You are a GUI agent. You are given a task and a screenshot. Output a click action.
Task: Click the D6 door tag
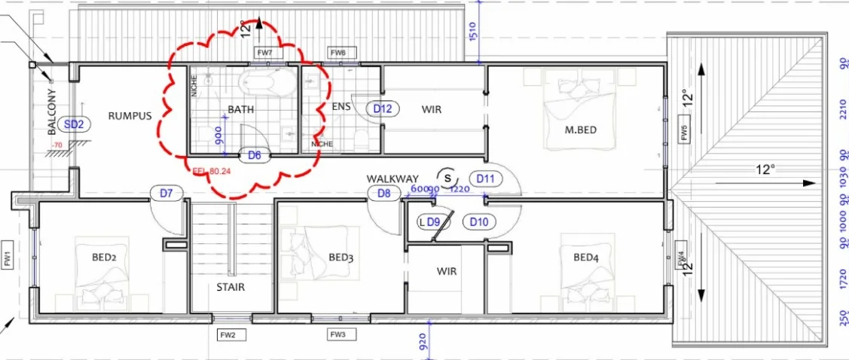255,156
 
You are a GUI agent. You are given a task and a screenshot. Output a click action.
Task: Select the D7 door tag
166,193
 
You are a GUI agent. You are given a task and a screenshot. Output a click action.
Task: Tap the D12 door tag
383,108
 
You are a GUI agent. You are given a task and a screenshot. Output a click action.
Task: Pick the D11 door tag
486,178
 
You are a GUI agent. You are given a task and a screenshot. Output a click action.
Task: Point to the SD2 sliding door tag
73,124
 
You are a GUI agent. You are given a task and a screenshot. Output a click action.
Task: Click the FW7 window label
264,53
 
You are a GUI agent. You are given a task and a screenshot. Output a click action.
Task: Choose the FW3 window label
337,334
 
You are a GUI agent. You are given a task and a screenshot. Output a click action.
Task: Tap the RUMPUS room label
130,116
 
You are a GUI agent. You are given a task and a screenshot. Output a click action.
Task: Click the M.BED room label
581,130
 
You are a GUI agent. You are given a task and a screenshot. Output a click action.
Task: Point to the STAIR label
231,287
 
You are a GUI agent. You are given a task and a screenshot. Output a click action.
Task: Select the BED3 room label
341,258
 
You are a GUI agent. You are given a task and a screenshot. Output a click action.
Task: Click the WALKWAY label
392,178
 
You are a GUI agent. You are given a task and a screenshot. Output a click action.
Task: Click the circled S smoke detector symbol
447,176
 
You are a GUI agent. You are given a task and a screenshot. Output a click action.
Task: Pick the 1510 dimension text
472,32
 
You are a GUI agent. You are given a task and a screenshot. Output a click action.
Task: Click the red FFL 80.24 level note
211,170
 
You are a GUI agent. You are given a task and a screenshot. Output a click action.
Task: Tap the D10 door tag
479,222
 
